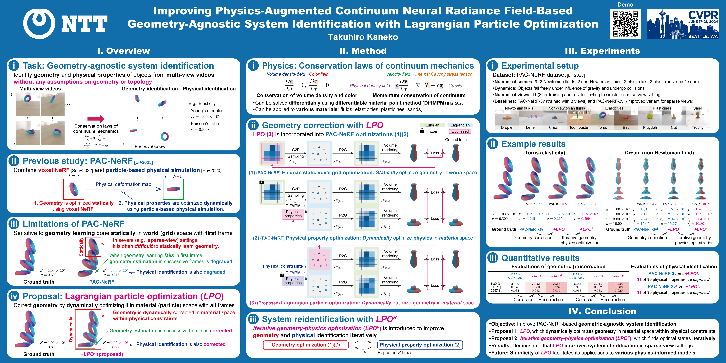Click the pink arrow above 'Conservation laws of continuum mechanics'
96,119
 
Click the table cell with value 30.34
619,284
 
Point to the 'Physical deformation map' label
124,184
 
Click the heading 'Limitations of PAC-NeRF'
73,224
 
